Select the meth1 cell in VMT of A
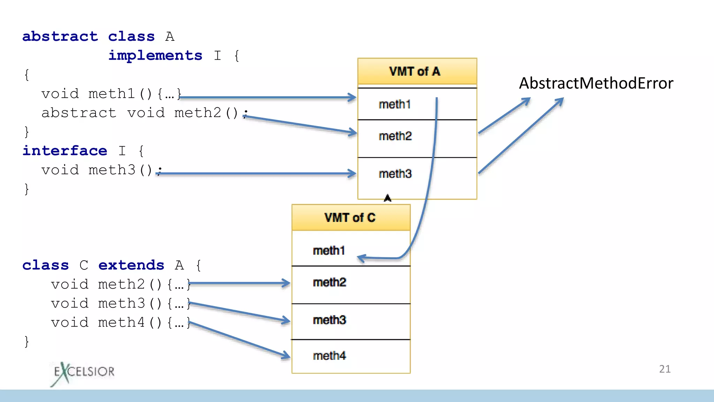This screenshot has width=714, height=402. pos(395,104)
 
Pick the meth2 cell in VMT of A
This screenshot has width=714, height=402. pos(395,136)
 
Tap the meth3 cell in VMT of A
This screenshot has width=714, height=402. pos(395,174)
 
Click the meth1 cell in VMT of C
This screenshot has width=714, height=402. pos(329,251)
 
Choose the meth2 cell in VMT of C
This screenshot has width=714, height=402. pos(330,282)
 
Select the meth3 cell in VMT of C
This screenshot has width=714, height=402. pos(330,320)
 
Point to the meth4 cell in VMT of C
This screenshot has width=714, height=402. pos(330,356)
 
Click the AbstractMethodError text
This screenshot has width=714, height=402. pos(596,83)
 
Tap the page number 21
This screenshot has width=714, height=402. pos(664,369)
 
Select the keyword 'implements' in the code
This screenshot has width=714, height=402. pos(155,55)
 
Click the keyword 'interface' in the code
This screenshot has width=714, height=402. pos(65,151)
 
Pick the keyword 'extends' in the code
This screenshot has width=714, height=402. pos(131,265)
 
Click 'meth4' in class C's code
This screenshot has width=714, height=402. pos(121,322)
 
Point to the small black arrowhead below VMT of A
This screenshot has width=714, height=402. pos(387,198)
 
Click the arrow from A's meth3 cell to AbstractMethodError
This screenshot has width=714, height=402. pos(521,135)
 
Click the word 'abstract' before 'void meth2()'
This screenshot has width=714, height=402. pos(79,113)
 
